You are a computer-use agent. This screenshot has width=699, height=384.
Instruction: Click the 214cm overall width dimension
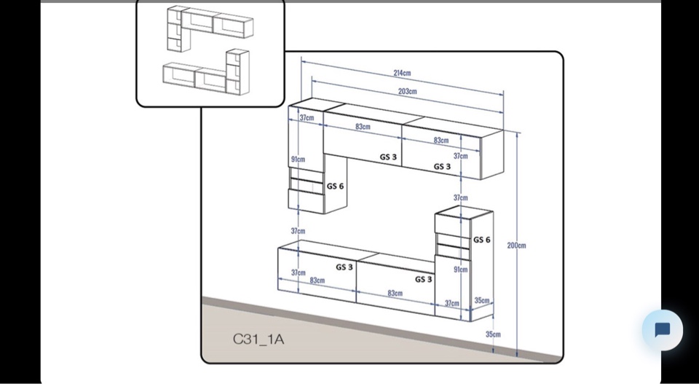pos(402,73)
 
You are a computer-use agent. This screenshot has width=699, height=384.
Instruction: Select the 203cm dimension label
pos(407,91)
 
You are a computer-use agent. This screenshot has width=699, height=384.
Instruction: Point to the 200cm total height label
pos(516,246)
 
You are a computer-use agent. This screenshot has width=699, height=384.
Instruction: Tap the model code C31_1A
pos(258,339)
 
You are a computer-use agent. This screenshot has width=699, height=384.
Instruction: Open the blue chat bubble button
pos(662,330)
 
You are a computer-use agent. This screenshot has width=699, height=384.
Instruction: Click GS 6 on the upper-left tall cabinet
pos(335,186)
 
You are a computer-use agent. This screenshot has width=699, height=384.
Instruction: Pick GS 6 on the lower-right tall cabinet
pos(481,240)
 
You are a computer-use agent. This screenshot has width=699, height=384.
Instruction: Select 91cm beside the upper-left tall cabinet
pos(298,159)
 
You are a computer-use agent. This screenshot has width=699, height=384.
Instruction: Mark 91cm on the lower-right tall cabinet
pos(460,270)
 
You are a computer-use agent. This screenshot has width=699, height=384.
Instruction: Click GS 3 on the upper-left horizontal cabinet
pos(388,157)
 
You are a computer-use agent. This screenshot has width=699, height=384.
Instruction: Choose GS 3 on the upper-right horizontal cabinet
pos(442,166)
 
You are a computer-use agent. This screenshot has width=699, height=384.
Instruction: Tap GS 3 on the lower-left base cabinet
pos(344,267)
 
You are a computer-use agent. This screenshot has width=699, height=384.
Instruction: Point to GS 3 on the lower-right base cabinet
pos(424,279)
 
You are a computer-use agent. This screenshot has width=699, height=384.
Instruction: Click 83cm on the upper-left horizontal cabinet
pos(363,127)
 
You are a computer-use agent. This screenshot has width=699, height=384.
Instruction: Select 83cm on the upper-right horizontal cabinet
pos(441,140)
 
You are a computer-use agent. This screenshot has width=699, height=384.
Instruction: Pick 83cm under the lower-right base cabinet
pos(395,293)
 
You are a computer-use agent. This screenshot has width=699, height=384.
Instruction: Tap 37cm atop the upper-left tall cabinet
pos(307,117)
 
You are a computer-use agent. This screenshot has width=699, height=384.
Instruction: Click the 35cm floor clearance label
pos(493,334)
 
